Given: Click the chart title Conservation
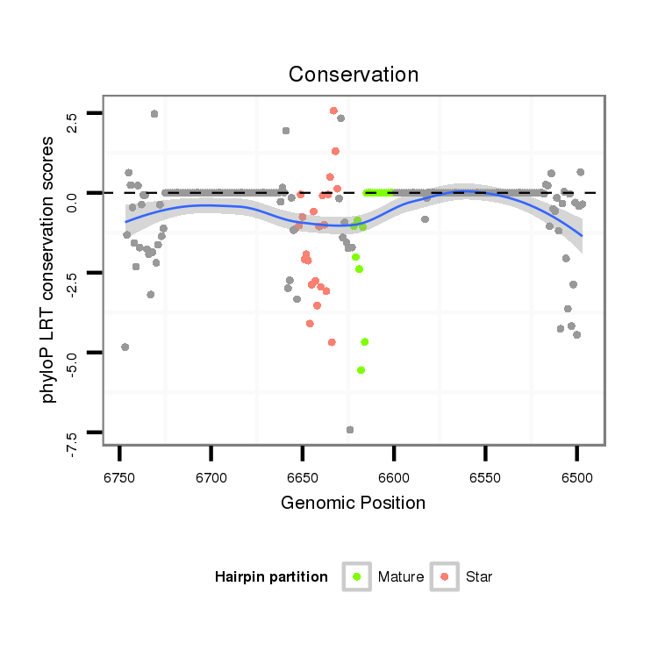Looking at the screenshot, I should pyautogui.click(x=354, y=75).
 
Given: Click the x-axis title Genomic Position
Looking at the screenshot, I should pyautogui.click(x=353, y=503).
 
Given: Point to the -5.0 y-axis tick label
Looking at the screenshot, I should pyautogui.click(x=71, y=361).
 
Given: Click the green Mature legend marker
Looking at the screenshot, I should pyautogui.click(x=357, y=576).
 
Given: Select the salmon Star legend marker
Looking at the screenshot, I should pyautogui.click(x=446, y=576).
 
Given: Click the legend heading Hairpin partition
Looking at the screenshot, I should pyautogui.click(x=271, y=577).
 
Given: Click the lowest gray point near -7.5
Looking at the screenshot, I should pyautogui.click(x=350, y=430).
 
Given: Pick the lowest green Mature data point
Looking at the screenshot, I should pyautogui.click(x=361, y=370).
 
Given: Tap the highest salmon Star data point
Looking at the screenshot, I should pyautogui.click(x=333, y=111).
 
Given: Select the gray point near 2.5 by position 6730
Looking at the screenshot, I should pyautogui.click(x=154, y=114).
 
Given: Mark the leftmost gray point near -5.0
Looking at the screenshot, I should pyautogui.click(x=125, y=347).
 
